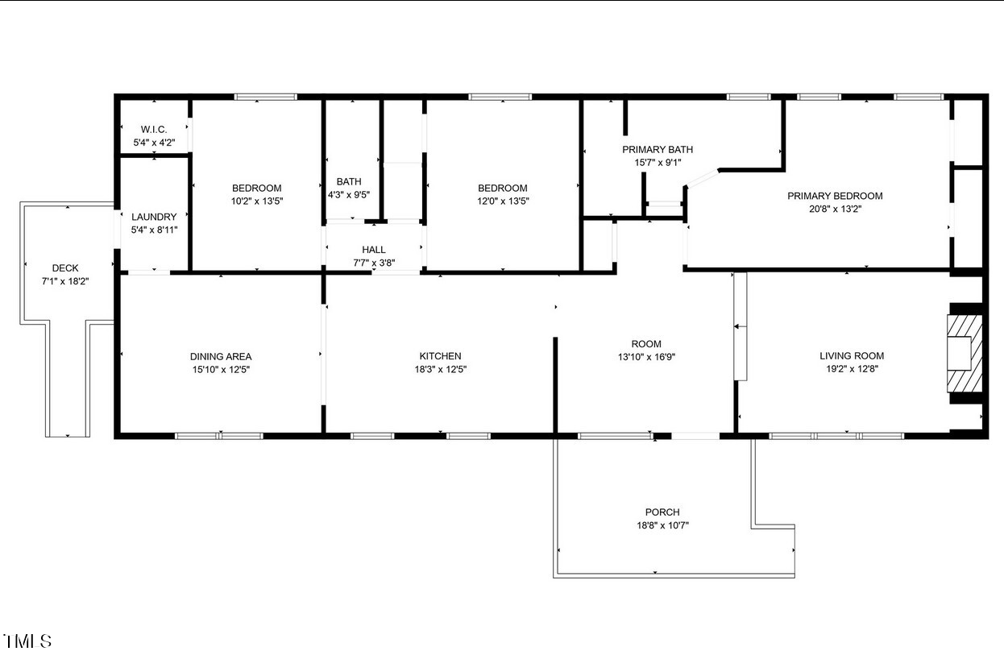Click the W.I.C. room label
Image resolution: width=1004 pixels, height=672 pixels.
(153, 129)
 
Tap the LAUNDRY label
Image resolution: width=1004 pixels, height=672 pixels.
(154, 217)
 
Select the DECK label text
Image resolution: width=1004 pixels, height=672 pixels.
(65, 268)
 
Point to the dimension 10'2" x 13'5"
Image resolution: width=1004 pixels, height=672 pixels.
(257, 201)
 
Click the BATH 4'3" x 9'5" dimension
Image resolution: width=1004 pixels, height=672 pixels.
(349, 194)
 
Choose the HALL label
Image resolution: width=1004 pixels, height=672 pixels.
(374, 250)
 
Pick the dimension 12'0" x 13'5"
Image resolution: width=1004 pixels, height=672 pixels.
(503, 201)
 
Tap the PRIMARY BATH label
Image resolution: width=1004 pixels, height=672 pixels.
(658, 149)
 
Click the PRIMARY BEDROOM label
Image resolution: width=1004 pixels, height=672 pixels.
(835, 196)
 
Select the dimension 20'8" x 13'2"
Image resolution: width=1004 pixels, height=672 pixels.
(835, 209)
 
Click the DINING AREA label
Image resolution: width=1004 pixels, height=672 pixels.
(221, 356)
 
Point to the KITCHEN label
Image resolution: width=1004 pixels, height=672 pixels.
(440, 356)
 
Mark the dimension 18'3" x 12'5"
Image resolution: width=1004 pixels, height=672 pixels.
(440, 369)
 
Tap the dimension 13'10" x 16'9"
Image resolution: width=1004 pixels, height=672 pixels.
(646, 356)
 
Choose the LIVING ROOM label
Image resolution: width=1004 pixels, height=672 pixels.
(852, 356)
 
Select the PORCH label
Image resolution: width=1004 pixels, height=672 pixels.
(662, 512)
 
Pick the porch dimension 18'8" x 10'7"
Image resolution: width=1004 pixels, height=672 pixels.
(662, 525)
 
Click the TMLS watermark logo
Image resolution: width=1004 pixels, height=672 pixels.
(27, 641)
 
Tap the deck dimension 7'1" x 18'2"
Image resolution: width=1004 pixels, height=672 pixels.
(65, 281)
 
